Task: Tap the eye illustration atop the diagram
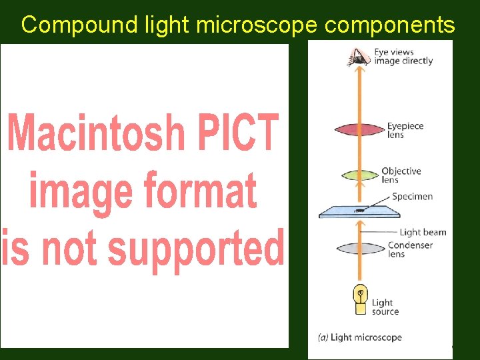[x=359, y=58]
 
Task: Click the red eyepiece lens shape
[x=360, y=129]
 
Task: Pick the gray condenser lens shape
[x=360, y=247]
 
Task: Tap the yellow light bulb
[x=360, y=300]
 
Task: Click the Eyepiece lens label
[x=405, y=130]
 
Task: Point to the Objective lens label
[x=401, y=175]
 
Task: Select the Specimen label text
[x=412, y=197]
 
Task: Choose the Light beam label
[x=423, y=233]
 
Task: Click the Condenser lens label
[x=410, y=249]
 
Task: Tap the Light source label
[x=385, y=307]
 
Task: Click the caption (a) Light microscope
[x=359, y=337]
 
